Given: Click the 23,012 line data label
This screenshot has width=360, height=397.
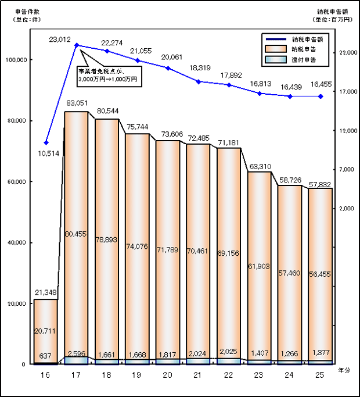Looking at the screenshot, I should coord(60,39).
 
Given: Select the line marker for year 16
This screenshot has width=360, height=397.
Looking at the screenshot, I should coord(46,142).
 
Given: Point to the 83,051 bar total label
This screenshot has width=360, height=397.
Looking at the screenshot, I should coord(76,103).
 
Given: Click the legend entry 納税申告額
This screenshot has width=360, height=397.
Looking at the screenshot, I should coord(307,39).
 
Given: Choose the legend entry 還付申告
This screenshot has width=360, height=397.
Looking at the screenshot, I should coord(305,60).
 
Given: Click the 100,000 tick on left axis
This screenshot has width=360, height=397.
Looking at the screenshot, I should coord(15,60).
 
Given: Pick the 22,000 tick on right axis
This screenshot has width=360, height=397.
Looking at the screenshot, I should coord(347,53).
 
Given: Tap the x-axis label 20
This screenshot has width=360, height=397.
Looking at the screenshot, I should coord(168,376).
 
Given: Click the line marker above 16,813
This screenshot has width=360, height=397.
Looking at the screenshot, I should coord(260,93).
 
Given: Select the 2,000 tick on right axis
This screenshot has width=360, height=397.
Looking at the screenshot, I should coord(347,208).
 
